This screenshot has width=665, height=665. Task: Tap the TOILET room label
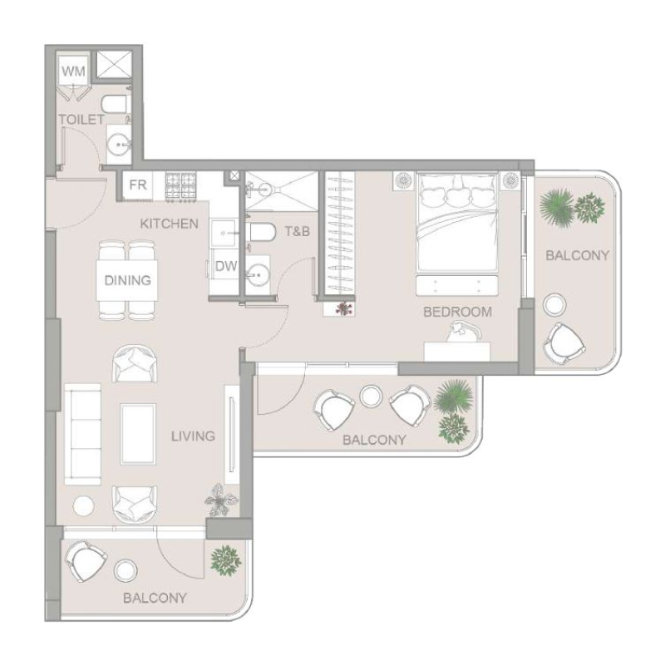[x=81, y=120]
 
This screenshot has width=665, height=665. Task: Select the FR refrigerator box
[x=138, y=185]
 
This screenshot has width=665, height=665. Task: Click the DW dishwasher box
[x=225, y=267]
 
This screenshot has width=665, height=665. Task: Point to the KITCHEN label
[x=169, y=224]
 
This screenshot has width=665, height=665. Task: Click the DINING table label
[x=127, y=280]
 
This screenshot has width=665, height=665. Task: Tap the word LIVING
[x=193, y=436]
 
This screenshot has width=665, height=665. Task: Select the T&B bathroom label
[x=297, y=231]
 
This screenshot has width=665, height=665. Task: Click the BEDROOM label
[x=457, y=313]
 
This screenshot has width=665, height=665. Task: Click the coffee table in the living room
[x=138, y=433]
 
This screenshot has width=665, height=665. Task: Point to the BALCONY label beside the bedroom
[x=577, y=255]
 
